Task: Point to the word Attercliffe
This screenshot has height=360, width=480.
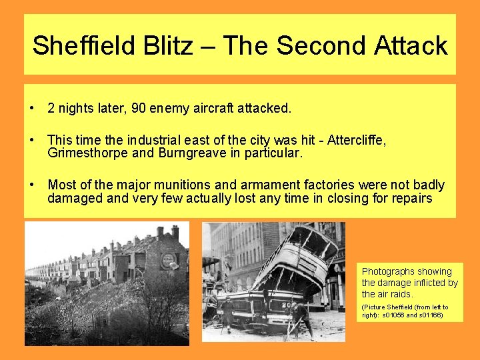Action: pos(355,141)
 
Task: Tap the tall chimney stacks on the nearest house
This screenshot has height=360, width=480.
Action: pos(167,233)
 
